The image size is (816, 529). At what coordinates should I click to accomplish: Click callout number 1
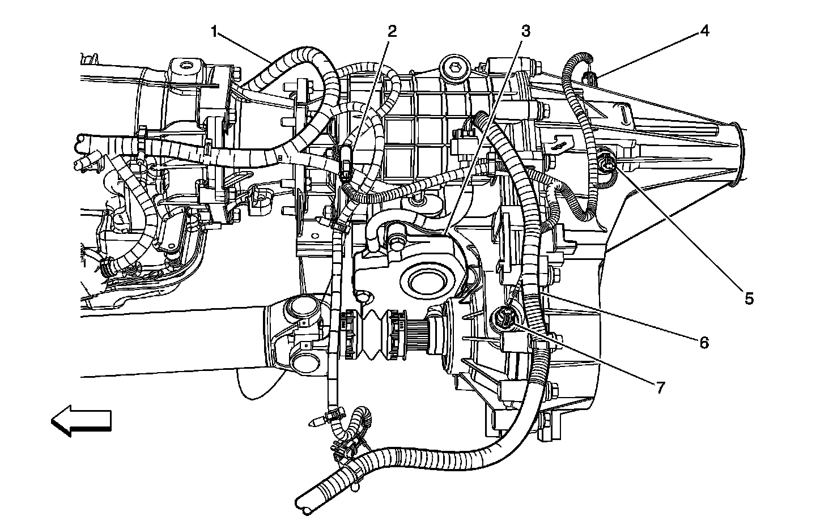click(x=215, y=32)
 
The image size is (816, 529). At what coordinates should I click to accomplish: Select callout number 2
click(x=392, y=32)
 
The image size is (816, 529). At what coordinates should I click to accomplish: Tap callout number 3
click(x=526, y=32)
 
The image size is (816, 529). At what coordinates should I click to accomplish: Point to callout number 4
click(x=704, y=32)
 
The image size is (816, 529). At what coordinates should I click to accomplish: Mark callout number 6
click(x=704, y=343)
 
